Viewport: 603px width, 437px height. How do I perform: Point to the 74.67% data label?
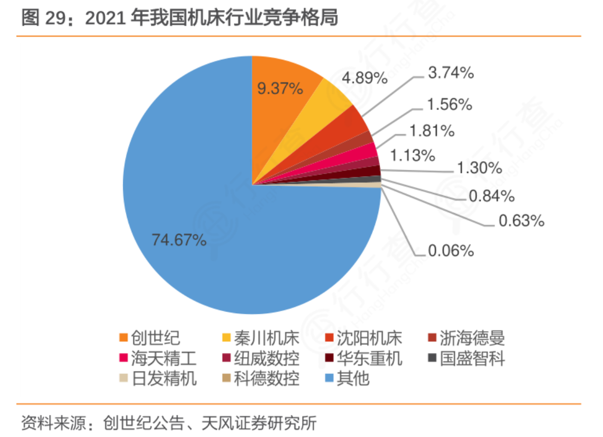point(179,240)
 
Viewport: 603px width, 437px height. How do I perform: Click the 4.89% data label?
point(365,78)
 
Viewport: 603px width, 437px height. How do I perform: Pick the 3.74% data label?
point(451,74)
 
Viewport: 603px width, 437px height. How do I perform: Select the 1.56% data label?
point(449,105)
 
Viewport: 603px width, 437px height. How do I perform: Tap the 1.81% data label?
point(432,131)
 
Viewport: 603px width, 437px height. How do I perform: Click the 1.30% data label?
point(479,168)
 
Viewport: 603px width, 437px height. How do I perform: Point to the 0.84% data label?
point(492,196)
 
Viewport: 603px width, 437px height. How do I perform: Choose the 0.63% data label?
point(522,220)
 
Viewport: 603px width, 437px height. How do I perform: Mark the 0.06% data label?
point(451,250)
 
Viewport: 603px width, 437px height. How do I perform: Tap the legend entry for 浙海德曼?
point(465,338)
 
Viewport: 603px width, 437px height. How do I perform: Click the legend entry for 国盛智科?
point(465,359)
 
